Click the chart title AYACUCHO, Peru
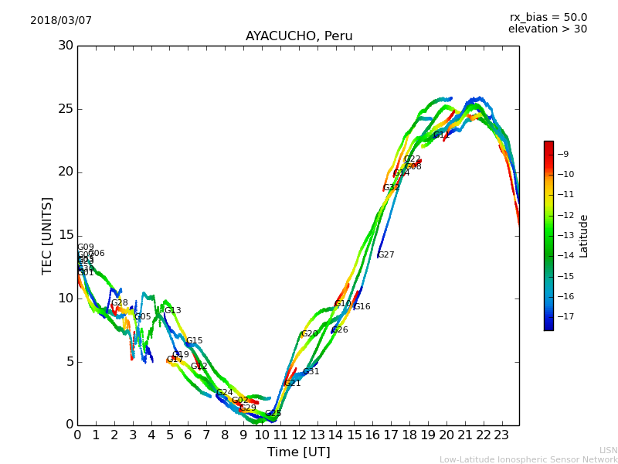(299, 36)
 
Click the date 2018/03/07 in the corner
(61, 20)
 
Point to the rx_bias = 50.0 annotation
(548, 17)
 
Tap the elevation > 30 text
(547, 29)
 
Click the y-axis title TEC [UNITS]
(47, 235)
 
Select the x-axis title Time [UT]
(298, 452)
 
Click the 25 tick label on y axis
(66, 109)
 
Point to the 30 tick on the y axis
(66, 46)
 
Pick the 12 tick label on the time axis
(298, 435)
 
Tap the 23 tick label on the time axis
(501, 435)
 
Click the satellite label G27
(385, 254)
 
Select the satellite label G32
(392, 188)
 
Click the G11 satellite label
(441, 135)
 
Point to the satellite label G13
(172, 311)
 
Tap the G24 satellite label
(224, 393)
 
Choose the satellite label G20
(309, 334)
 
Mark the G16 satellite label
(362, 307)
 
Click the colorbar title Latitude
(584, 236)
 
